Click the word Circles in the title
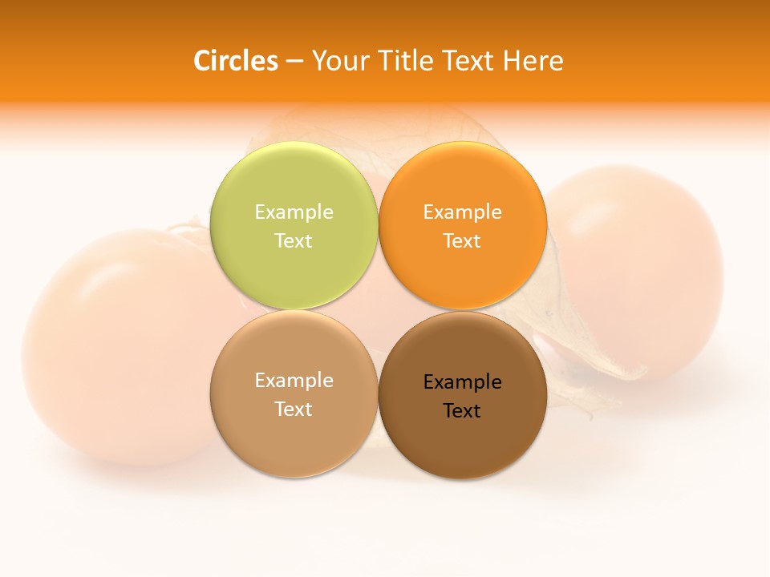[x=236, y=61]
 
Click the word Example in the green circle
[x=294, y=212]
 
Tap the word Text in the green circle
[x=294, y=241]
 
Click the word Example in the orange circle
[x=462, y=212]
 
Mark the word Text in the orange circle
[x=462, y=241]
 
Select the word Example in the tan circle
[x=294, y=381]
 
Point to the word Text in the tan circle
[x=294, y=410]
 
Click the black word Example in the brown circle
[x=462, y=382]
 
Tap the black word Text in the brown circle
[x=462, y=411]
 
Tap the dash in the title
[x=294, y=62]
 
